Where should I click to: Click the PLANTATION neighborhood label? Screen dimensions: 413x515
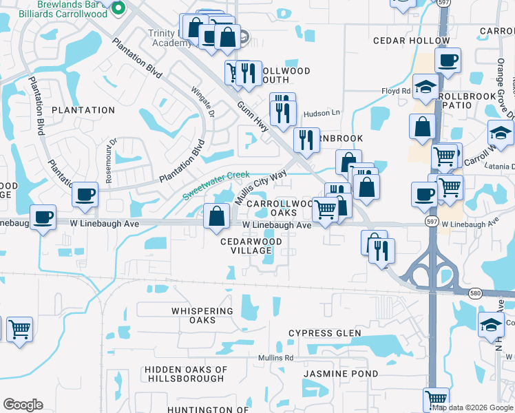[83, 110]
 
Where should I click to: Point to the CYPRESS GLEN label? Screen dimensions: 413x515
[324, 333]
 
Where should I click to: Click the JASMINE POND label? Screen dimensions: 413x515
[341, 374]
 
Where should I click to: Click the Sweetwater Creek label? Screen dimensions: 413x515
[216, 186]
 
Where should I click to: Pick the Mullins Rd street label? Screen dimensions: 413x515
[275, 358]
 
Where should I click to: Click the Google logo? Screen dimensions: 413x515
[23, 405]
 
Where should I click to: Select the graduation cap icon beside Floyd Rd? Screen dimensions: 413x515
[427, 87]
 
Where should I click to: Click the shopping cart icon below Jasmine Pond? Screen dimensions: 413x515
[436, 398]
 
